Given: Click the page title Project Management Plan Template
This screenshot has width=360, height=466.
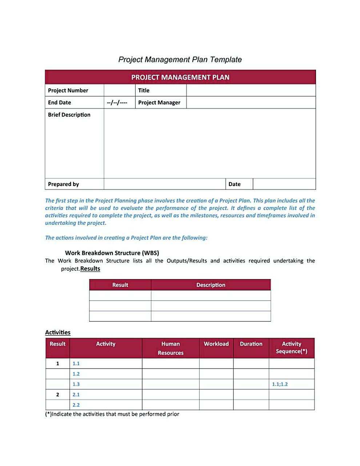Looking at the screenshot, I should (x=180, y=60).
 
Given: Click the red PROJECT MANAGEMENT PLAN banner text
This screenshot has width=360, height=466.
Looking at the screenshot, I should (x=180, y=77).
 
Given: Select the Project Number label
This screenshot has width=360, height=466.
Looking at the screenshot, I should (x=68, y=91).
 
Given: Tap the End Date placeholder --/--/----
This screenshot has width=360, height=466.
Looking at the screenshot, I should (x=117, y=103).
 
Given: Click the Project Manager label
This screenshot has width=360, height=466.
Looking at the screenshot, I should (x=159, y=103).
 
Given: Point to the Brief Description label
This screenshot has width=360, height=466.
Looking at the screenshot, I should (x=69, y=115).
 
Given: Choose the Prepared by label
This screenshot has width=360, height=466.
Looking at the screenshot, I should (x=63, y=184).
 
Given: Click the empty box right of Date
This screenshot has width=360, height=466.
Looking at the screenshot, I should (x=284, y=184).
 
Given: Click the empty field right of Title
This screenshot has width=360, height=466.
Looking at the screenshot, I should (x=251, y=91).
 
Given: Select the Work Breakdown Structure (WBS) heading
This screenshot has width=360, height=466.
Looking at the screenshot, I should (x=112, y=253).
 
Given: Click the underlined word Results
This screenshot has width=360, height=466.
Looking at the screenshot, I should (x=90, y=269).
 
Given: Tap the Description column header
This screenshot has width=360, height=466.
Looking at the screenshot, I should (x=211, y=285).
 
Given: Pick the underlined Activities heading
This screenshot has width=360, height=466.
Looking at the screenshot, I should (x=58, y=333).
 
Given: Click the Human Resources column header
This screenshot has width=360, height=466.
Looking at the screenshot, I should (x=171, y=348).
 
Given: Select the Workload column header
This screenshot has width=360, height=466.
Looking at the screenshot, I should (x=216, y=344).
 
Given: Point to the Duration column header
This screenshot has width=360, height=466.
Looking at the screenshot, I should (x=251, y=344).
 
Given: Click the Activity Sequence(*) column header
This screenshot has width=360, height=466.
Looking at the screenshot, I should (x=292, y=348).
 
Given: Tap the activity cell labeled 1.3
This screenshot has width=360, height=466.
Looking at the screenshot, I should (x=105, y=384).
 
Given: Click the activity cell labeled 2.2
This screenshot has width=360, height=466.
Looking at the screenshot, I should (x=105, y=405).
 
